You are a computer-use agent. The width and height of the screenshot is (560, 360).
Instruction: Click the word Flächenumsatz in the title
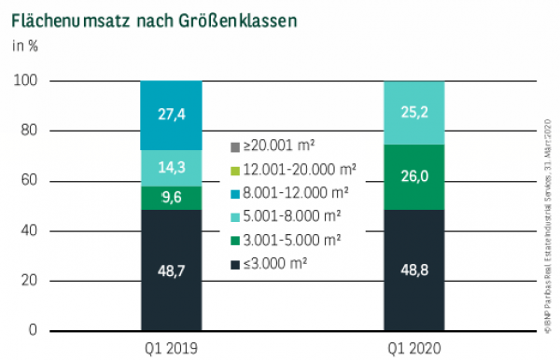[67, 18]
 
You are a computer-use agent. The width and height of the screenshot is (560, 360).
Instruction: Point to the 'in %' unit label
[24, 45]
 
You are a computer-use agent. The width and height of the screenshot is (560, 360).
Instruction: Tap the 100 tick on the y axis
[26, 81]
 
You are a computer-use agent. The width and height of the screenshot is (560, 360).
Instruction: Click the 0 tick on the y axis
[33, 330]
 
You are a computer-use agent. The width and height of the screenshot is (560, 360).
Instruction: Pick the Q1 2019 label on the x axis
[172, 348]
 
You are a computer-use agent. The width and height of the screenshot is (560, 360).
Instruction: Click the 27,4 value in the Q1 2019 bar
[172, 116]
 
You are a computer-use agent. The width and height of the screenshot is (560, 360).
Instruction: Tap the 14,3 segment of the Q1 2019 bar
[172, 169]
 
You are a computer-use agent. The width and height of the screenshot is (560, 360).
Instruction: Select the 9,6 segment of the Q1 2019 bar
[172, 198]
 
